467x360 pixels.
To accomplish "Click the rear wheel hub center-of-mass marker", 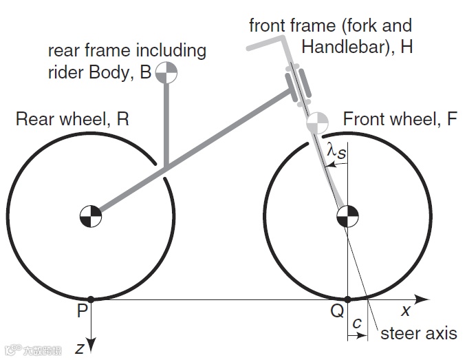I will [91, 215].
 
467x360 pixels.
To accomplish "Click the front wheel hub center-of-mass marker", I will [347, 215].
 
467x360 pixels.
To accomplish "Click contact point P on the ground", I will [91, 299].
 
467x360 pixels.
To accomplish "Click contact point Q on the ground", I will [347, 299].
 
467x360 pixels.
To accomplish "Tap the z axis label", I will [80, 348].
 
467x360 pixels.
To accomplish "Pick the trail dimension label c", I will [356, 323].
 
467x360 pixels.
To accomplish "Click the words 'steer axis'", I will [418, 334].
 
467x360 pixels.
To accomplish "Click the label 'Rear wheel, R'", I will [72, 119].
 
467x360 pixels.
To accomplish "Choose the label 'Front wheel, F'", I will [400, 119].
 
